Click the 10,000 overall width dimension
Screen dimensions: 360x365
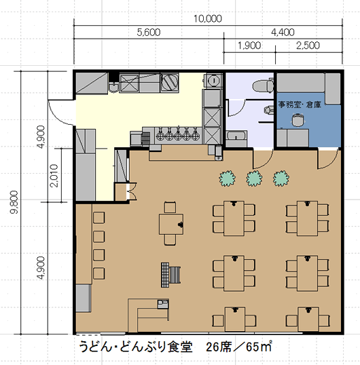(x=208, y=18)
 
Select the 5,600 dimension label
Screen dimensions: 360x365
(x=149, y=32)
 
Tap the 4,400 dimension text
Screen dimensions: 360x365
(x=283, y=32)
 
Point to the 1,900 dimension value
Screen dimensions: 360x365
(x=249, y=45)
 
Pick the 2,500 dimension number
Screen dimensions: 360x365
(x=308, y=45)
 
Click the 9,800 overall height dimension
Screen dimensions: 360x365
(x=14, y=202)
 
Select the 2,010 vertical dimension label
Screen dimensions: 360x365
(x=54, y=176)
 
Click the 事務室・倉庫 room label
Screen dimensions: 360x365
(x=300, y=104)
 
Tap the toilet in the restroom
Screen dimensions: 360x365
(x=263, y=85)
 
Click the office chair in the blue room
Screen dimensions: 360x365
(x=298, y=119)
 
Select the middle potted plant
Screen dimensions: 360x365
(x=254, y=178)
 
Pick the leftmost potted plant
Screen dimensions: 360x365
(x=227, y=178)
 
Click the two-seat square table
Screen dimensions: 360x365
(x=171, y=224)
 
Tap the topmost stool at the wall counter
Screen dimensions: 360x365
(x=98, y=217)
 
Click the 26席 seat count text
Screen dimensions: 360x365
(x=219, y=347)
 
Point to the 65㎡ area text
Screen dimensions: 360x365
(x=259, y=347)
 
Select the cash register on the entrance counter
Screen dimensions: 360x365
(x=163, y=304)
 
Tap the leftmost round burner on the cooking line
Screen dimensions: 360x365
(x=160, y=136)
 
